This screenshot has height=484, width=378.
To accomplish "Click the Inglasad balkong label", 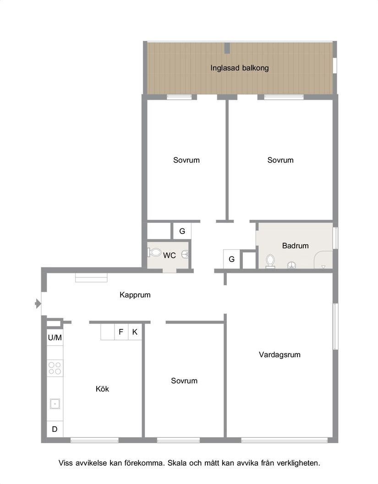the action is coord(239,68).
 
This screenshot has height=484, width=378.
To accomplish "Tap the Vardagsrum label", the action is coord(279,355).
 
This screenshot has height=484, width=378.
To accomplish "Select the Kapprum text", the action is coord(135,295).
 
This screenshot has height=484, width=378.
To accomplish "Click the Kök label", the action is coord(102,389).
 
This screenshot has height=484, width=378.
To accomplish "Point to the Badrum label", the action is coord(295,246).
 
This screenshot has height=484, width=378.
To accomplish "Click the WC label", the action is coord(169,255).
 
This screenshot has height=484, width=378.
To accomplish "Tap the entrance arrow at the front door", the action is coord(38,304).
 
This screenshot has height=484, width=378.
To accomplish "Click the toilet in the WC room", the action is coord(155,252).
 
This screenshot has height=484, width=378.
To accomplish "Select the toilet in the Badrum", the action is coord(270,261).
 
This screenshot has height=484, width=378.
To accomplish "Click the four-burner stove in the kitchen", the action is coord(55,368).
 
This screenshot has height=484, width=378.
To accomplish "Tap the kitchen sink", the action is coord(55,404).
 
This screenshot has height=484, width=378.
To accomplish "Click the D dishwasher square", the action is coord(55,429).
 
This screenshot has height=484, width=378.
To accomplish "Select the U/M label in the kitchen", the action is coord(55,337).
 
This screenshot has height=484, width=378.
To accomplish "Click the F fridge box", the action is coord(121,332).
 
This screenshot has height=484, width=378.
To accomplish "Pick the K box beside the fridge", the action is coord(135,332).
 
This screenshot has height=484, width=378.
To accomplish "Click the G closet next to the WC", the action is coord(182,231).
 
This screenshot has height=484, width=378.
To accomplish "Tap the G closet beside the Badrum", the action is coord(232,259).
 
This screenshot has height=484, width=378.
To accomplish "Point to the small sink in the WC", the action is coord(185,254).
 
